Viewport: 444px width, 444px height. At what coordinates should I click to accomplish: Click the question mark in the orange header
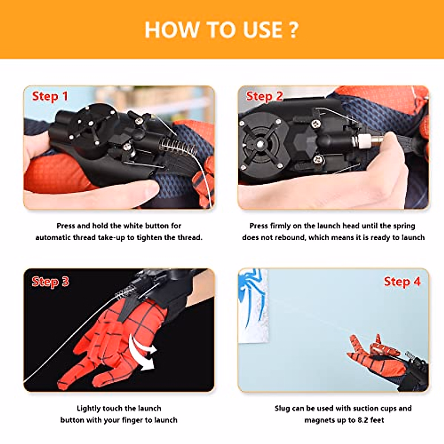pyautogui.click(x=293, y=30)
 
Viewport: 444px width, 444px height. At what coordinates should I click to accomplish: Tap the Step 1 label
pyautogui.click(x=50, y=97)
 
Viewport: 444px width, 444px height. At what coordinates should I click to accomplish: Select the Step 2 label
pyautogui.click(x=264, y=97)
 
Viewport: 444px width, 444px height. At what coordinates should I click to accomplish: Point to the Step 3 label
pyautogui.click(x=50, y=282)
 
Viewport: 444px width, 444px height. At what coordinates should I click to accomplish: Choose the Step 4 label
pyautogui.click(x=402, y=282)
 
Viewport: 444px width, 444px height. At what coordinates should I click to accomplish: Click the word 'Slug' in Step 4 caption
pyautogui.click(x=282, y=408)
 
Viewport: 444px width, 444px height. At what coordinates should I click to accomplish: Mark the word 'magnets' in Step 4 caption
pyautogui.click(x=319, y=420)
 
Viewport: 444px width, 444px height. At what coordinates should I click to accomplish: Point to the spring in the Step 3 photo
pyautogui.click(x=124, y=294)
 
